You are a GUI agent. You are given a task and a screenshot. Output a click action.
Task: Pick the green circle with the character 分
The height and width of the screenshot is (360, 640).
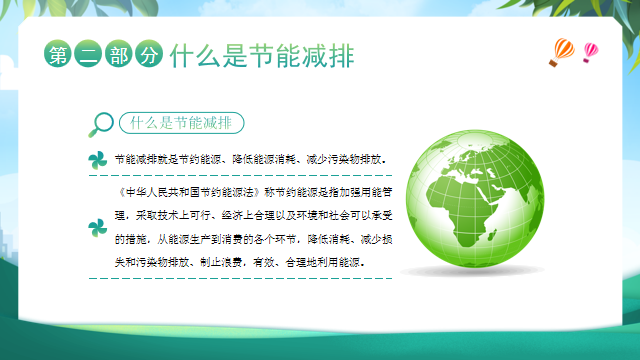(x=148, y=55)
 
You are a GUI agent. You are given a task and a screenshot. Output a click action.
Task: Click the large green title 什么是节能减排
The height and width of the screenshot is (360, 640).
(x=262, y=54)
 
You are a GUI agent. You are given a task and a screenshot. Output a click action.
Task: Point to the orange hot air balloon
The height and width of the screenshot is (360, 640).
(x=562, y=50)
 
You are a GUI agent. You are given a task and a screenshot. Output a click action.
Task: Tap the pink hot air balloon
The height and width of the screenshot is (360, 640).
(x=590, y=50)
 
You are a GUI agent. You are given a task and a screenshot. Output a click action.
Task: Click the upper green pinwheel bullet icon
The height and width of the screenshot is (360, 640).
(x=96, y=160)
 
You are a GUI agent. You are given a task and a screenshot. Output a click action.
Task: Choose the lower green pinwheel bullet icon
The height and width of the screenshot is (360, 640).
(x=97, y=227)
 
